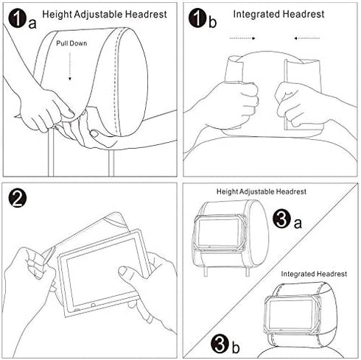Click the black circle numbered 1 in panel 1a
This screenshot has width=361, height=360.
coord(16,17)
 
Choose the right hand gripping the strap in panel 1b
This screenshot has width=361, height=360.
coord(298,103)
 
